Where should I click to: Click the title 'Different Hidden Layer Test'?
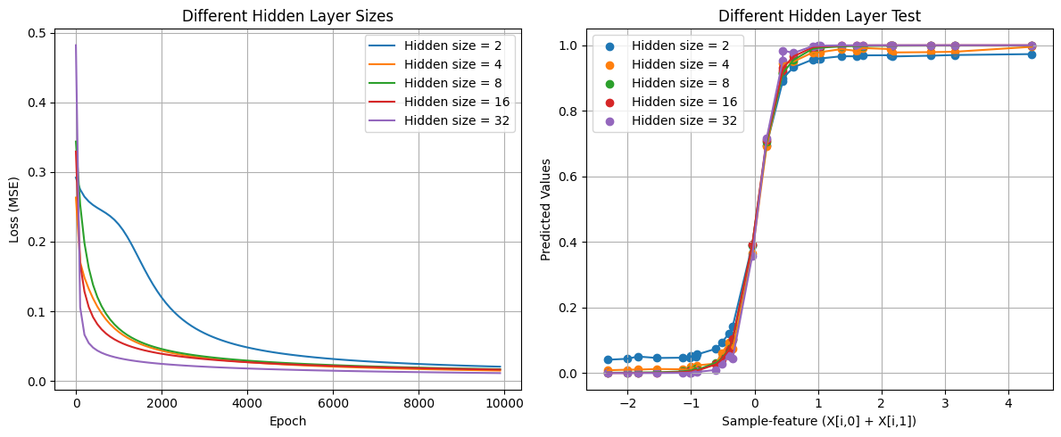pos(818,15)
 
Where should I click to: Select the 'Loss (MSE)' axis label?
pos(14,209)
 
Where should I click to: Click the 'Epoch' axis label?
pos(289,421)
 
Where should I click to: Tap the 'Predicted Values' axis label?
pos(546,209)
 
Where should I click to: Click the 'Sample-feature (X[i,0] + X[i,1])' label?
pos(818,421)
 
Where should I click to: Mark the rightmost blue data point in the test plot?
pos(1031,54)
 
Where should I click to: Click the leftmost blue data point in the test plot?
pos(608,360)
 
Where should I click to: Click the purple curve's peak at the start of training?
pos(75,45)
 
